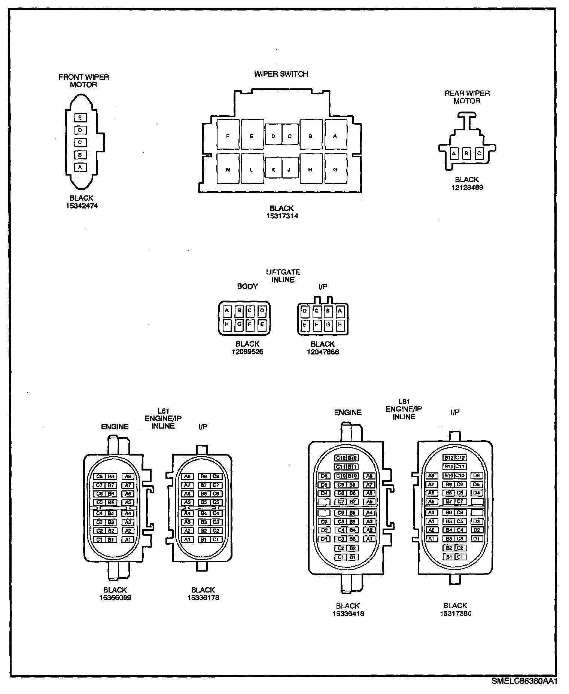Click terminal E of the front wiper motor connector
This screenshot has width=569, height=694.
(x=80, y=118)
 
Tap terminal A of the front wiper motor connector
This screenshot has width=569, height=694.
(x=80, y=167)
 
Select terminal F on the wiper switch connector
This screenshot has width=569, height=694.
(x=228, y=136)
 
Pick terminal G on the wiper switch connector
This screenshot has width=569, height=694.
(x=335, y=170)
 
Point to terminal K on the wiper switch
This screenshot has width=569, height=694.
(x=273, y=170)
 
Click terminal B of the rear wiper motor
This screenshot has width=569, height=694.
(x=466, y=153)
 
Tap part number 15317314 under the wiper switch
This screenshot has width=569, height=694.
(x=282, y=216)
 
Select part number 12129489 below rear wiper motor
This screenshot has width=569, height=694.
(x=467, y=187)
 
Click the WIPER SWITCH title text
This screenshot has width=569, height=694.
(x=281, y=74)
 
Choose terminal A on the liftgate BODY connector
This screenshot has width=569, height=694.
(x=227, y=311)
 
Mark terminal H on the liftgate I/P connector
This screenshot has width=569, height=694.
(x=340, y=325)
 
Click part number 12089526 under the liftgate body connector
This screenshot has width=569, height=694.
(x=247, y=352)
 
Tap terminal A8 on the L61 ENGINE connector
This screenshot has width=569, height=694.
(x=128, y=477)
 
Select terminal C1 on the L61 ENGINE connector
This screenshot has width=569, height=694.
(x=99, y=540)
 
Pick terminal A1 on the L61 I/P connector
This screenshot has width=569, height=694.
(x=187, y=540)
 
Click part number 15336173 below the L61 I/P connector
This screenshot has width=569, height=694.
(x=203, y=598)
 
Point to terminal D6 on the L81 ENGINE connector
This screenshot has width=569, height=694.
(x=324, y=476)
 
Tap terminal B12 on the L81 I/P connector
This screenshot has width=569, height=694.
(x=449, y=458)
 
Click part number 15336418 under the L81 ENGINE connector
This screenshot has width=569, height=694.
(x=348, y=614)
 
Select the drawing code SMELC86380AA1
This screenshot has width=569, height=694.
(x=524, y=681)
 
